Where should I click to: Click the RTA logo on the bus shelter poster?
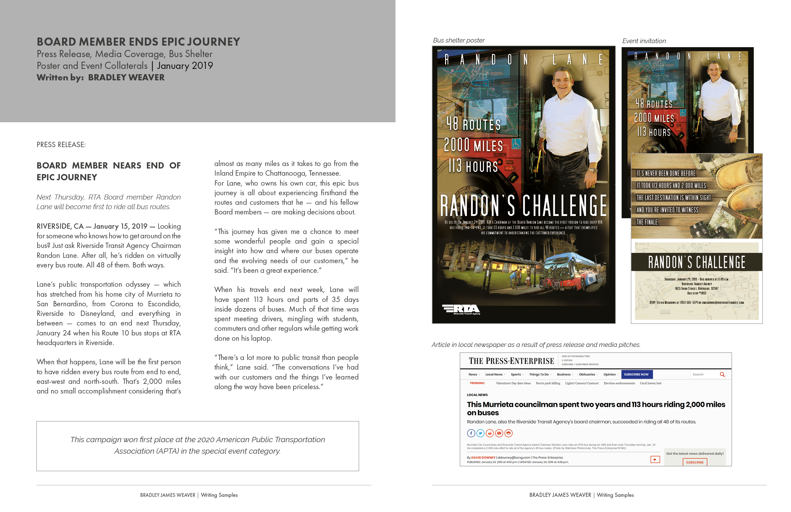coord(461,309)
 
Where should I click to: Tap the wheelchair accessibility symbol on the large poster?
coord(516,144)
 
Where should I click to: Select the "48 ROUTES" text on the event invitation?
coord(654,104)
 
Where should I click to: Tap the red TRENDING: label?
coord(477,383)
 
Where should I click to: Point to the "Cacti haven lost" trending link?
coord(650,383)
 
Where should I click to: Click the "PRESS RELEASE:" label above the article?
coord(61,145)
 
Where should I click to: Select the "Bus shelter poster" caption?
coord(459,40)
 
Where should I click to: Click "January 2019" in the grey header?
coord(185,65)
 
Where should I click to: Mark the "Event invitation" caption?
coord(644,41)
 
